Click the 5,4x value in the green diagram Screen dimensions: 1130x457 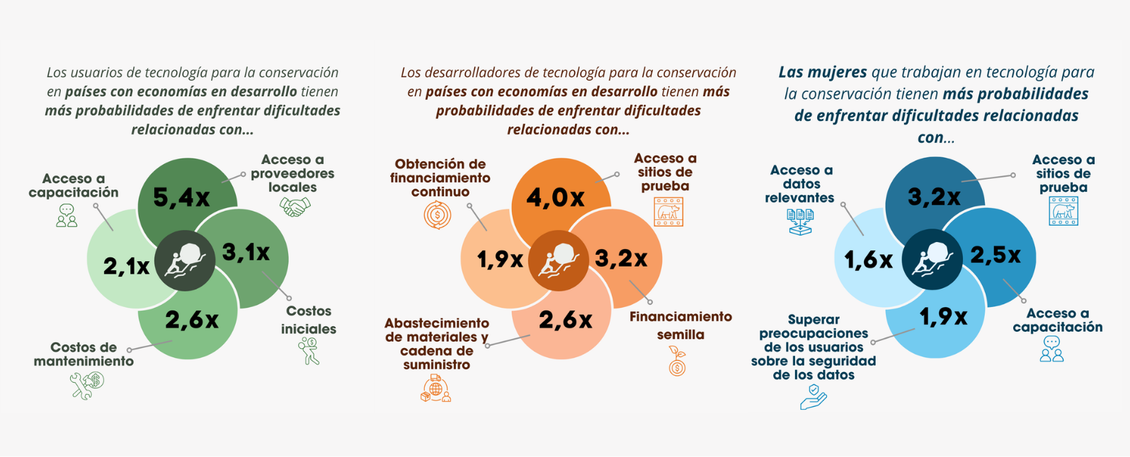181,197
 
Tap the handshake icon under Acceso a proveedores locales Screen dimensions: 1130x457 295,207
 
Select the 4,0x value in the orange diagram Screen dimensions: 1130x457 555,197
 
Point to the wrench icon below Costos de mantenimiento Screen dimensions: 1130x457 87,386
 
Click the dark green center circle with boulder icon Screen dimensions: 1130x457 185,260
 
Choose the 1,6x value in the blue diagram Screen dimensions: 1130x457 868,260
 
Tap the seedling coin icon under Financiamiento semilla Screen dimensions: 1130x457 678,361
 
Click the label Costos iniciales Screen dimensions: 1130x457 308,320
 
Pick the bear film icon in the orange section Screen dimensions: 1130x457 668,212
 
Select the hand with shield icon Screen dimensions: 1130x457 814,397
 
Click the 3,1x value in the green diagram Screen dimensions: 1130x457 246,252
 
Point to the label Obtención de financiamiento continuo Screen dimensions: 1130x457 440,178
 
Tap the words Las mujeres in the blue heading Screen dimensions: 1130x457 822,72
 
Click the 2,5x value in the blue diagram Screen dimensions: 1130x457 995,255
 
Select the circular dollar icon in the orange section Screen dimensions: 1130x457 438,215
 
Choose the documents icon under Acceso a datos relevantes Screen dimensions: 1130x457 800,221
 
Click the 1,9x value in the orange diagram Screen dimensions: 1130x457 500,260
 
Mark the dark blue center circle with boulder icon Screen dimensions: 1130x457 932,260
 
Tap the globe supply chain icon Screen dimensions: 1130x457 435,388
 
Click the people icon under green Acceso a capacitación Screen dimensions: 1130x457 67,216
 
